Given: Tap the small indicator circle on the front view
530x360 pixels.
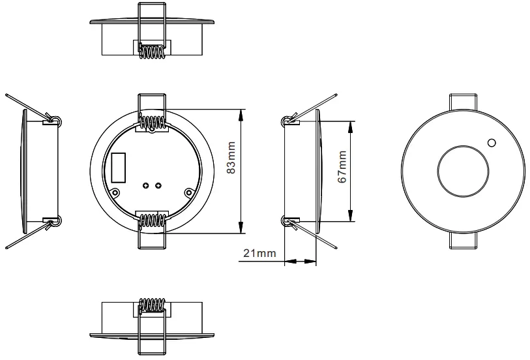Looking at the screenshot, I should (x=491, y=143).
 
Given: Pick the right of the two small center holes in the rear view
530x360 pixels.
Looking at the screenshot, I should (x=159, y=186).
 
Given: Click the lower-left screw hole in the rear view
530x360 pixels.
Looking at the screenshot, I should (x=115, y=192).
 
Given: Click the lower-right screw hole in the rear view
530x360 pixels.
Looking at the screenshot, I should (x=189, y=192).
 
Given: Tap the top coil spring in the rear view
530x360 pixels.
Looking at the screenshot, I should (x=153, y=122).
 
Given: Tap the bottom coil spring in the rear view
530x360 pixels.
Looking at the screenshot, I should (x=153, y=219).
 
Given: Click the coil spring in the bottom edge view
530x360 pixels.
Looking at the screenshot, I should (x=153, y=305).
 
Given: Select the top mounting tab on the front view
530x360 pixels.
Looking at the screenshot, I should (x=462, y=102).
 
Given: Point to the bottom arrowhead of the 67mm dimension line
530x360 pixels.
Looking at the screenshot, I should (x=352, y=220).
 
